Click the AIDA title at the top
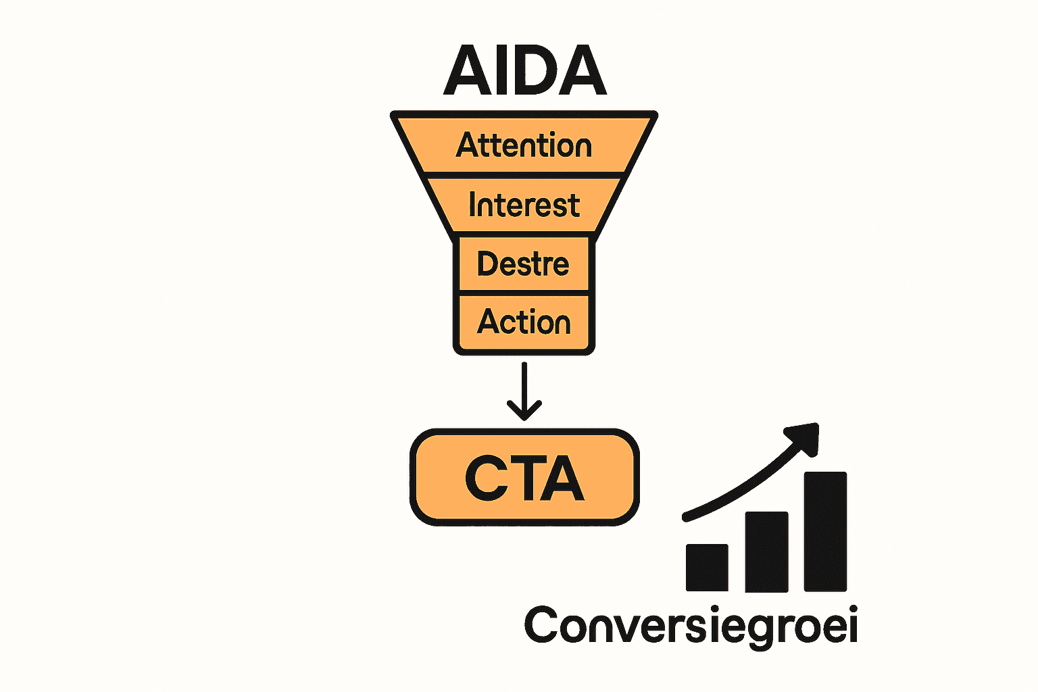524,70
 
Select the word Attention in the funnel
524,145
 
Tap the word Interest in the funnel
524,205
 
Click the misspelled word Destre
523,264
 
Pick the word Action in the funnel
524,322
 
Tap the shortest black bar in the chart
707,568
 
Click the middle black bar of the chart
766,551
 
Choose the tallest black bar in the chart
825,531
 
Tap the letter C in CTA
487,478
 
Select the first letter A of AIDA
466,70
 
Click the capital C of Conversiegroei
545,625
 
